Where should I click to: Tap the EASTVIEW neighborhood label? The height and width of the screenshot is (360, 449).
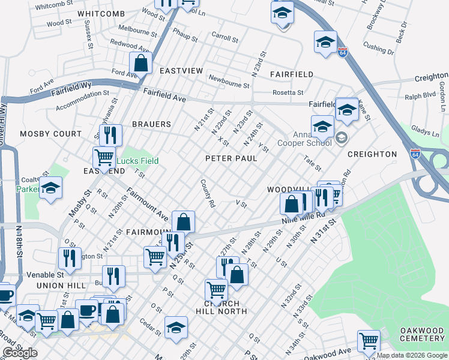pyautogui.click(x=181, y=71)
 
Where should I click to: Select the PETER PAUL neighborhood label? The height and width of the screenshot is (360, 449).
pyautogui.click(x=231, y=158)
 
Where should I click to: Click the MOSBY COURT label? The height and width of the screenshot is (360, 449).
pyautogui.click(x=50, y=134)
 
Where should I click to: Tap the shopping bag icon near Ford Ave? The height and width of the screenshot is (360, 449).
pyautogui.click(x=140, y=62)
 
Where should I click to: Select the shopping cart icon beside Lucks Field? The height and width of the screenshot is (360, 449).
pyautogui.click(x=104, y=157)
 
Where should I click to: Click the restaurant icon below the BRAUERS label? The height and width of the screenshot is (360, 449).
pyautogui.click(x=110, y=134)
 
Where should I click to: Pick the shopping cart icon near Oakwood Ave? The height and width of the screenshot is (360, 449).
pyautogui.click(x=369, y=340)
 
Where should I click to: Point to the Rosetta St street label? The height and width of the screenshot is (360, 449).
pyautogui.click(x=288, y=93)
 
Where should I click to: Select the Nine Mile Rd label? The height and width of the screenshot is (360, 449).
pyautogui.click(x=303, y=218)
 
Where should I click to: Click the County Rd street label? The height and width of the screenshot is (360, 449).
pyautogui.click(x=208, y=193)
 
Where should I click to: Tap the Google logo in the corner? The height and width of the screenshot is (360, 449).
pyautogui.click(x=20, y=353)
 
